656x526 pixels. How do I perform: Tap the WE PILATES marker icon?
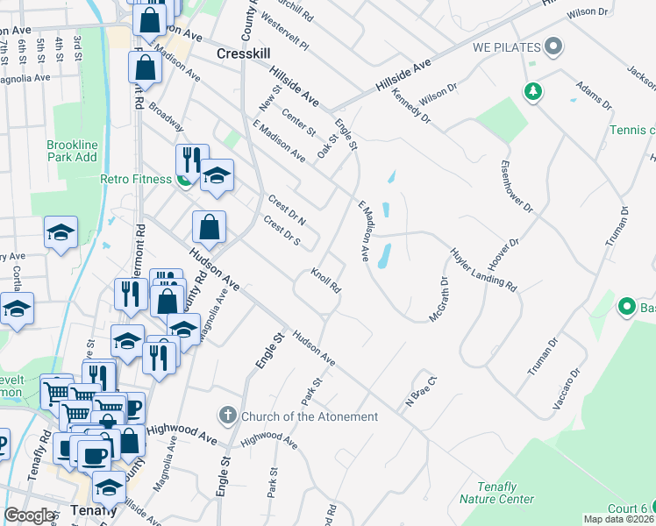[553, 45]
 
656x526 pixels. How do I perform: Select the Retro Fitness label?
[132, 181]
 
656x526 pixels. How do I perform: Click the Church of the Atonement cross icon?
[227, 416]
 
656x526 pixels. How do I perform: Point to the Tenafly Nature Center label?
[496, 493]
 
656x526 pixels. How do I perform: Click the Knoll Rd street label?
[325, 281]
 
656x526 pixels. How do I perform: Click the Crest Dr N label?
[287, 209]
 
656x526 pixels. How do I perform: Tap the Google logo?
[29, 515]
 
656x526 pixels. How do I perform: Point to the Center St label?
[298, 121]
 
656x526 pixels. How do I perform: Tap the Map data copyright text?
[619, 519]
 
